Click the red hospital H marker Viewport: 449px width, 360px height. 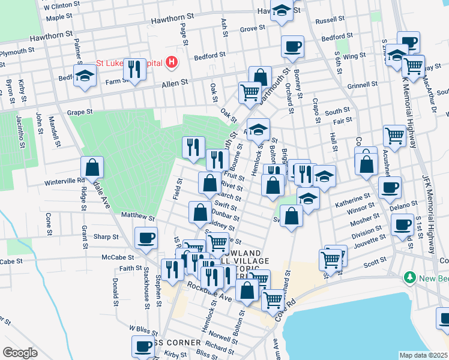172,61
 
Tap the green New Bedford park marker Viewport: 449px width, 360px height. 410,278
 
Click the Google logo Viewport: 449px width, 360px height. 20,353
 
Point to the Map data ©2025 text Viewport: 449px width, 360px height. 424,355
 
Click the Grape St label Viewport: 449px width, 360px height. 80,112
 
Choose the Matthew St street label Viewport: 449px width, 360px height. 138,215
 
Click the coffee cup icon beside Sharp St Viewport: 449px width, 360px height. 146,238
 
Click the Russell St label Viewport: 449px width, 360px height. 329,20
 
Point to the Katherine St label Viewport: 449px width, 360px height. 353,199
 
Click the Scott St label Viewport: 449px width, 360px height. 374,262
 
